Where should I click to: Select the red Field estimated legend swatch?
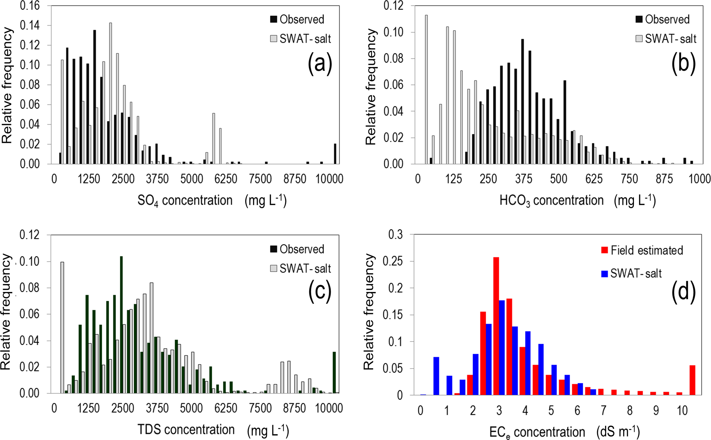(604, 250)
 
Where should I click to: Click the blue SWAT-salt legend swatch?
(604, 274)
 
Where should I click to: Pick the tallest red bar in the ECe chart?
(496, 326)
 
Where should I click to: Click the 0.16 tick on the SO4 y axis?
(30, 6)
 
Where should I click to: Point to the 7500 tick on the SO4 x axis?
(260, 179)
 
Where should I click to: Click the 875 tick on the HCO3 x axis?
(664, 179)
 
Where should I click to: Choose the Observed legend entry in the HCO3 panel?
(662, 19)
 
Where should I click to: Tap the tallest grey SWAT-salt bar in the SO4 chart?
(110, 93)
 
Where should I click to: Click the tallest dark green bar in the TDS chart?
(121, 325)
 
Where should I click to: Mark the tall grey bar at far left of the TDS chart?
(62, 328)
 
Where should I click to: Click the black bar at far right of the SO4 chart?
(335, 154)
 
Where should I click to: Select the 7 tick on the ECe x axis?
(603, 410)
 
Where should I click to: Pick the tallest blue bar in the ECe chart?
(502, 348)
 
